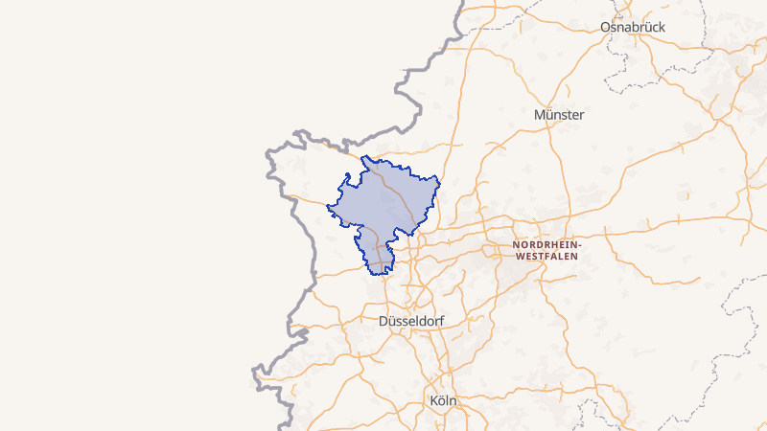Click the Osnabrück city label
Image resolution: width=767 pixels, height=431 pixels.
(x=632, y=28)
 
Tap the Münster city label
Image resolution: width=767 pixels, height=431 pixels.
(x=559, y=115)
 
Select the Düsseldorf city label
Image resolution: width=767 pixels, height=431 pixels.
(x=412, y=321)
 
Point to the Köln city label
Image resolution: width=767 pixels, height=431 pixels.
(x=443, y=400)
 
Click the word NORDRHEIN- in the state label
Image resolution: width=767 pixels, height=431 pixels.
(x=546, y=245)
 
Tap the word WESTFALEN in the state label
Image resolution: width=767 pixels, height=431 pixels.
(x=546, y=257)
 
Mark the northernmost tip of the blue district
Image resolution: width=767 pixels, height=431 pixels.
(x=363, y=156)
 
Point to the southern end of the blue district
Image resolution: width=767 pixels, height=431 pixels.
(x=382, y=274)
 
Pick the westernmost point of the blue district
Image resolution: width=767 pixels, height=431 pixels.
(x=327, y=207)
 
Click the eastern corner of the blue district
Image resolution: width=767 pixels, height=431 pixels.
(x=439, y=178)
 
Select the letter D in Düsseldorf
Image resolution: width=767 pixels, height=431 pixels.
(x=384, y=321)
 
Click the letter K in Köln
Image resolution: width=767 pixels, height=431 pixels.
(x=433, y=400)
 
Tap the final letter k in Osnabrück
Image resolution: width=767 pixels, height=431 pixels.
(x=662, y=28)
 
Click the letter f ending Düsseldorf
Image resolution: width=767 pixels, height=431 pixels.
(x=442, y=321)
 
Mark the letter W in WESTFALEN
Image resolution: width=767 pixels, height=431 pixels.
(x=519, y=257)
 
